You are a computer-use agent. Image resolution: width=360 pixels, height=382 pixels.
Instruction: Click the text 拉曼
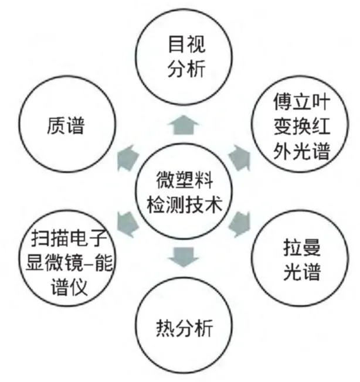tap(297, 247)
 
